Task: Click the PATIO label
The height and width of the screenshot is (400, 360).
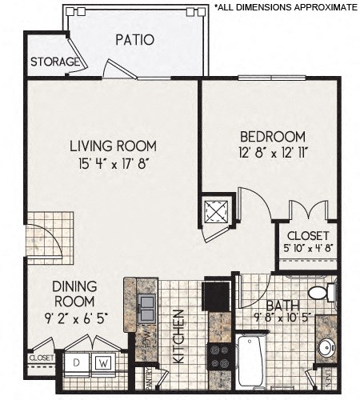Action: [134, 40]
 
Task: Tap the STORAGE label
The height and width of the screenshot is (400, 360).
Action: [54, 62]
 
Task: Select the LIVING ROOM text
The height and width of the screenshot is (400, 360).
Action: [112, 146]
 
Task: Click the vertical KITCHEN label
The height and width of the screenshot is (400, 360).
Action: [179, 336]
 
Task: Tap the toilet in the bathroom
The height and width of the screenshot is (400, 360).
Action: [322, 292]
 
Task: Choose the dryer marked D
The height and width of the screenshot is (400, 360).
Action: [77, 361]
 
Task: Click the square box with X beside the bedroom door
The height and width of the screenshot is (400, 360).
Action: [218, 211]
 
